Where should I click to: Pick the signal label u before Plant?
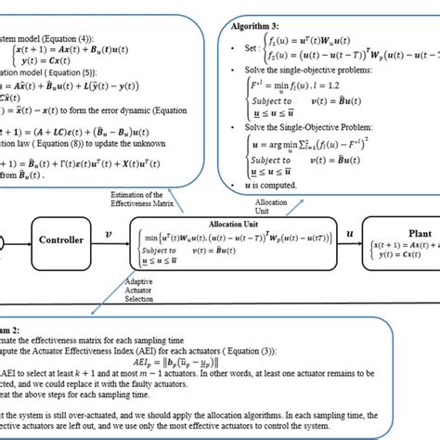pyautogui.click(x=350, y=234)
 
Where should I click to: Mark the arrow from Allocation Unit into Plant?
pyautogui.click(x=347, y=243)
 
